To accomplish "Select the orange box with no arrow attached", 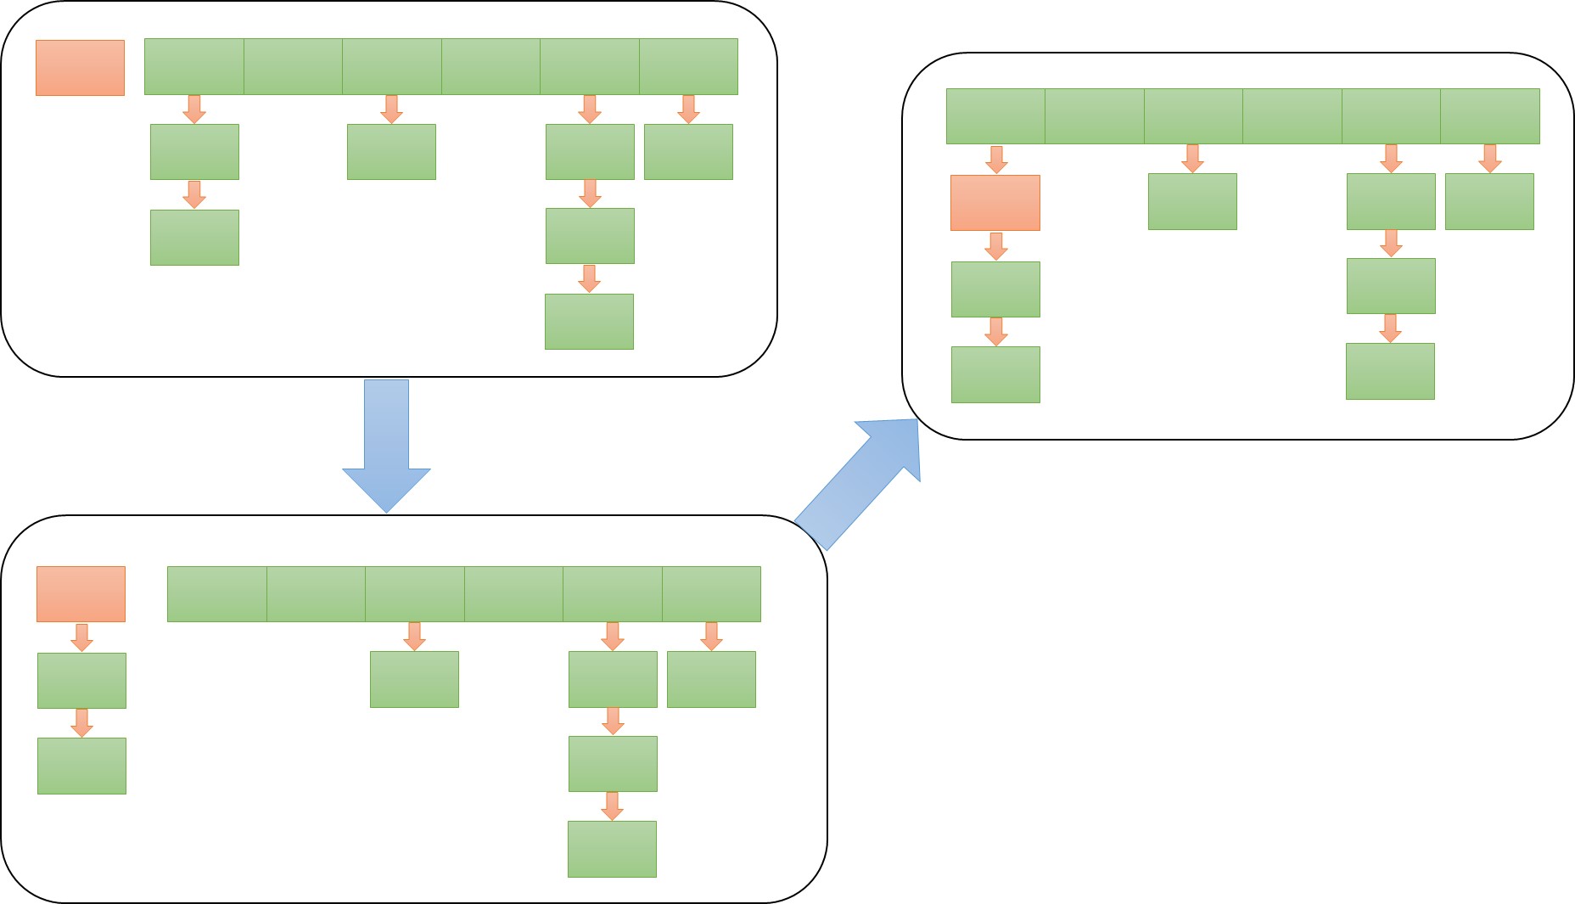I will coord(80,68).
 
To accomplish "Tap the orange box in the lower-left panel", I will coord(81,594).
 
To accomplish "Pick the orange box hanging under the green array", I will coord(995,203).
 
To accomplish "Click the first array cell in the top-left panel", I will coord(194,66).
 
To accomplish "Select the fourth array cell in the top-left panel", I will coord(490,66).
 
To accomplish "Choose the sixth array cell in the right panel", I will coord(1489,116).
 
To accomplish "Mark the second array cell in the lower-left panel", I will coord(316,594).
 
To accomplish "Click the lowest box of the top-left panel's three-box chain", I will coord(589,322).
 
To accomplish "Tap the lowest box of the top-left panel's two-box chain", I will coord(194,238).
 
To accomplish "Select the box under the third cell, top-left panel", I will coord(391,152).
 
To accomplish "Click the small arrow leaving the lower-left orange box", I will coord(81,637).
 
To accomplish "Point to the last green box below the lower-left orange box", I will coord(81,766).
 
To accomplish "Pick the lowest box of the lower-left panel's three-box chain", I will coord(612,849).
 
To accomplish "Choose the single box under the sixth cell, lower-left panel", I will coord(711,679).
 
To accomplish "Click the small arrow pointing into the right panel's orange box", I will coord(996,160).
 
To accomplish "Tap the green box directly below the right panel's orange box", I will coord(995,289).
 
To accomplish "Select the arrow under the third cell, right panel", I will coord(1192,159).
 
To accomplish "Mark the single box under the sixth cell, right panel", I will coord(1489,202).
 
